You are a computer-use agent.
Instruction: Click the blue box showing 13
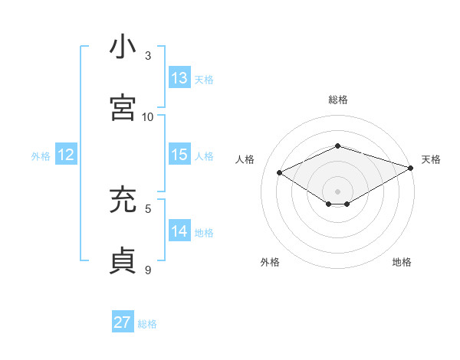click(x=179, y=77)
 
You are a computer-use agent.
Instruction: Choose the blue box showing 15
click(x=179, y=155)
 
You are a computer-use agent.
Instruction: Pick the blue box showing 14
click(x=179, y=231)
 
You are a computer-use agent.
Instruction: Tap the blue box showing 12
click(x=66, y=155)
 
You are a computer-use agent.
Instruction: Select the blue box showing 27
click(x=123, y=322)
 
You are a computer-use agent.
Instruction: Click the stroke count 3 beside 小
click(x=149, y=56)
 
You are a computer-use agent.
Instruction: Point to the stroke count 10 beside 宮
click(x=148, y=116)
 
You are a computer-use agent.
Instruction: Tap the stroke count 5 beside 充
click(x=149, y=208)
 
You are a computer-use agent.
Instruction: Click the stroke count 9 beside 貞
click(x=149, y=270)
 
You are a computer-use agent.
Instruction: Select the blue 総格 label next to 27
click(x=147, y=324)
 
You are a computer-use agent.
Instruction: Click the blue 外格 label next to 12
click(x=41, y=156)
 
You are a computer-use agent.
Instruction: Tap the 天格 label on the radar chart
click(x=431, y=159)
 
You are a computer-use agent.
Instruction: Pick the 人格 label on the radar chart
click(x=245, y=159)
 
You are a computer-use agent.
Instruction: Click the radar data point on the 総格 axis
click(x=337, y=146)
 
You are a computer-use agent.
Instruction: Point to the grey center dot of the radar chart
click(x=337, y=191)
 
